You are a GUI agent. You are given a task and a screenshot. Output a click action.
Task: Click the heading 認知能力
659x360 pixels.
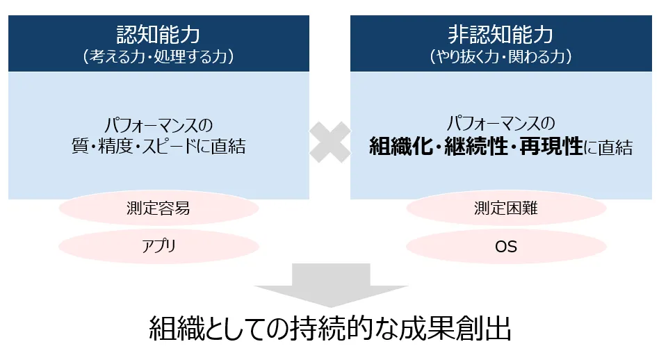(158, 35)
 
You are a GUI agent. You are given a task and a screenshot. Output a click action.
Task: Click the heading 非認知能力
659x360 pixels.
(501, 35)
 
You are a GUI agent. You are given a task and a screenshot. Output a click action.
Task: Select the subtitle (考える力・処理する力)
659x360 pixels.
(158, 57)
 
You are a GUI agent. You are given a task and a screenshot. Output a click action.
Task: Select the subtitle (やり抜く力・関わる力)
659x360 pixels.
(501, 57)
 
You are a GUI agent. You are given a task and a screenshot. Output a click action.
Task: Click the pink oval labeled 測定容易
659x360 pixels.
(158, 208)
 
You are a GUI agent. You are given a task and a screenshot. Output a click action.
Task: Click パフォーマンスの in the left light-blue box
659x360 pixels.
(158, 125)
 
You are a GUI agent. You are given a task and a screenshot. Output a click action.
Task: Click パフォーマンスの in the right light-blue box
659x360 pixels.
(501, 124)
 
